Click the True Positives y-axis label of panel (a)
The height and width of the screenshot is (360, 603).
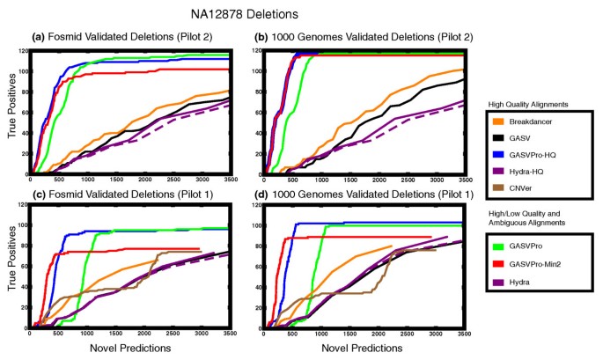(11, 110)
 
